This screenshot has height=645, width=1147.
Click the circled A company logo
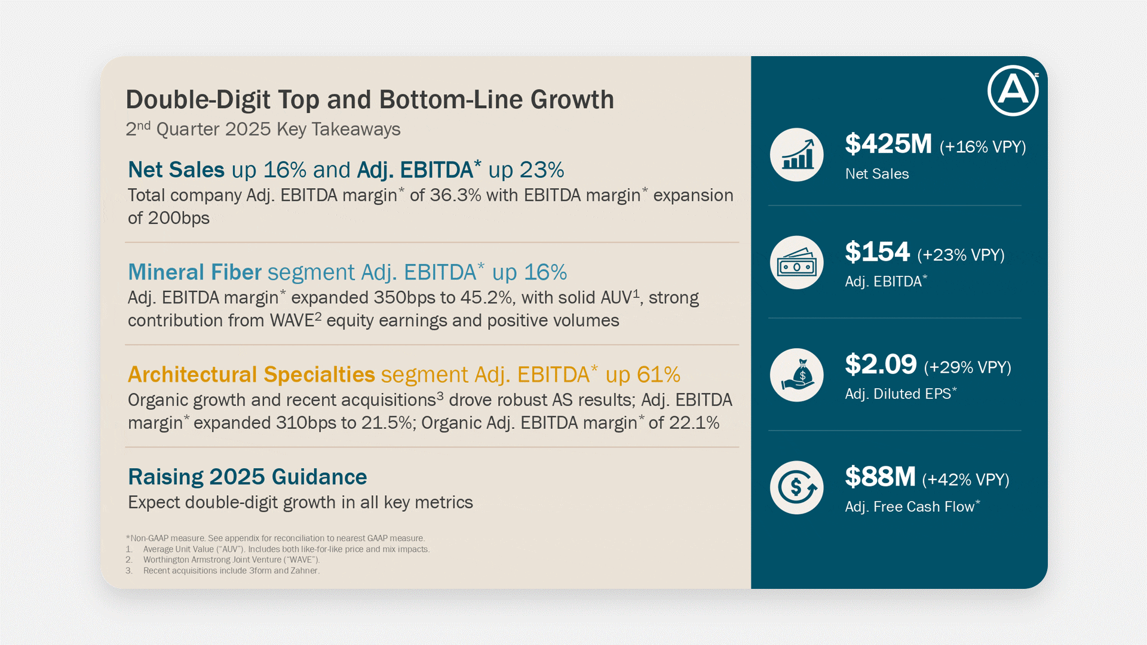click(x=1013, y=90)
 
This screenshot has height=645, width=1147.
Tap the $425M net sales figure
click(x=888, y=144)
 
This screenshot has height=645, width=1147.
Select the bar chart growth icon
click(x=796, y=155)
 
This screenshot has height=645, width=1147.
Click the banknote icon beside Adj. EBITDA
click(x=796, y=263)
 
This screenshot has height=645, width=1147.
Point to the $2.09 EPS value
click(x=881, y=364)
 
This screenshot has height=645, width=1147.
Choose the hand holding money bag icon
click(x=796, y=375)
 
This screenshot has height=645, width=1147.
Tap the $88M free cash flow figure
click(x=880, y=477)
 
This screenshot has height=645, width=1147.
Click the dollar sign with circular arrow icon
click(x=796, y=487)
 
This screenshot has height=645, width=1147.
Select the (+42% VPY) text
click(x=965, y=480)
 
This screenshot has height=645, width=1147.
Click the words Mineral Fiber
click(x=195, y=272)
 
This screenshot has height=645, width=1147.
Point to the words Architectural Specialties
click(x=252, y=374)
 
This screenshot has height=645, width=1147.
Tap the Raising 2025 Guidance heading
click(x=247, y=477)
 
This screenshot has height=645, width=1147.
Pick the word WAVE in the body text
click(x=292, y=321)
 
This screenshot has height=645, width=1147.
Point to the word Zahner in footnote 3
click(x=305, y=570)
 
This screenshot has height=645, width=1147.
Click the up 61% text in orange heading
click(x=643, y=374)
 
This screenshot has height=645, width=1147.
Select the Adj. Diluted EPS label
click(x=898, y=394)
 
